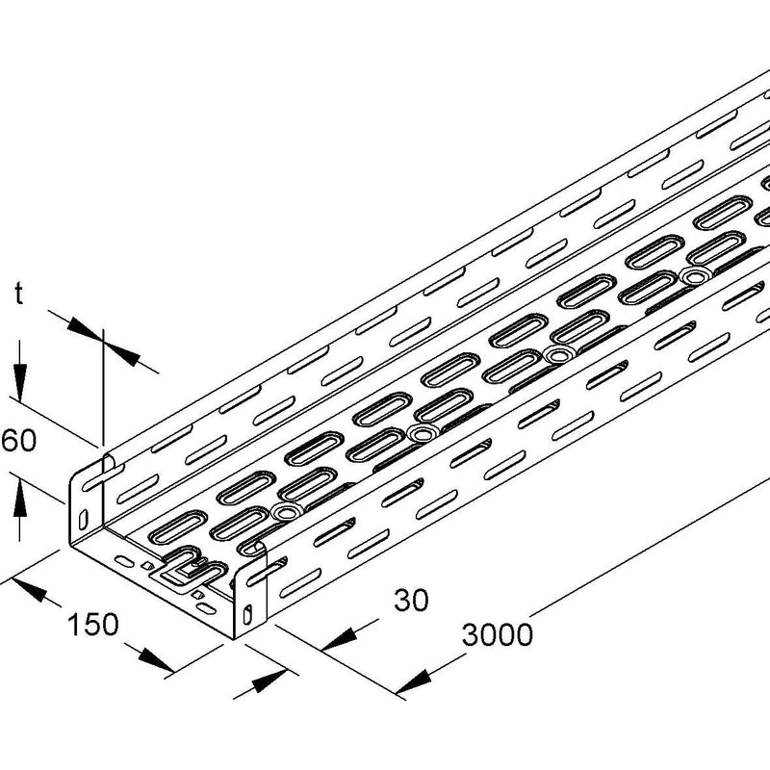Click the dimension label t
click(x=18, y=295)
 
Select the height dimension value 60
click(x=18, y=440)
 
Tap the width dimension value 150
click(x=92, y=624)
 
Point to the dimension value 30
click(x=411, y=600)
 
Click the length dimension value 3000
click(x=497, y=634)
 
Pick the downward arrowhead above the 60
click(x=19, y=382)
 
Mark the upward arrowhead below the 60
click(x=19, y=499)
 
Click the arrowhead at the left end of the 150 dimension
click(x=28, y=589)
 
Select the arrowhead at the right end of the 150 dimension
click(x=156, y=661)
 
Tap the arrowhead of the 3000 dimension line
click(x=414, y=682)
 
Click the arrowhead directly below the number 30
click(x=341, y=640)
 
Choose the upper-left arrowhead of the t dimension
click(x=86, y=329)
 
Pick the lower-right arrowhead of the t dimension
click(x=122, y=354)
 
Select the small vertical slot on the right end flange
click(x=248, y=614)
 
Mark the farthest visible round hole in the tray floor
click(x=694, y=277)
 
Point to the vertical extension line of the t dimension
click(x=104, y=388)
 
